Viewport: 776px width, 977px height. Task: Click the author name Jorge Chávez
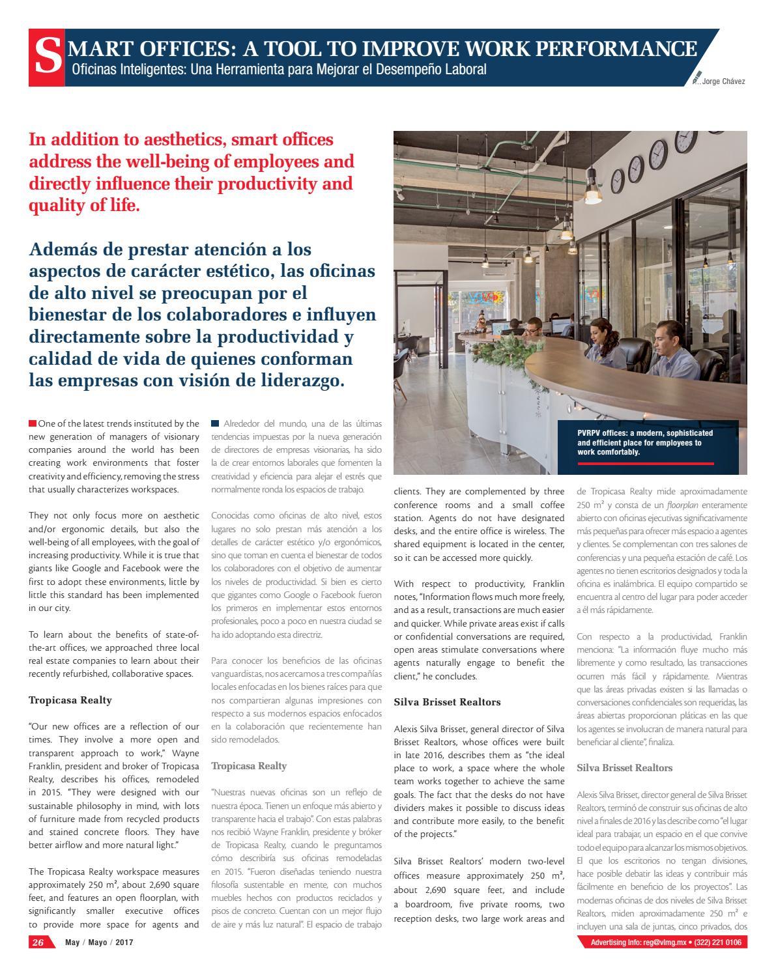[x=723, y=81]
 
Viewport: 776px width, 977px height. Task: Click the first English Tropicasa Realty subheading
[x=70, y=700]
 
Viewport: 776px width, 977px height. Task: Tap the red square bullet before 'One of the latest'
[x=33, y=423]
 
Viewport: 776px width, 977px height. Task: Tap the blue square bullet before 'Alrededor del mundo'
[x=215, y=423]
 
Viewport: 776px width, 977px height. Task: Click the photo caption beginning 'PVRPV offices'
[x=644, y=442]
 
